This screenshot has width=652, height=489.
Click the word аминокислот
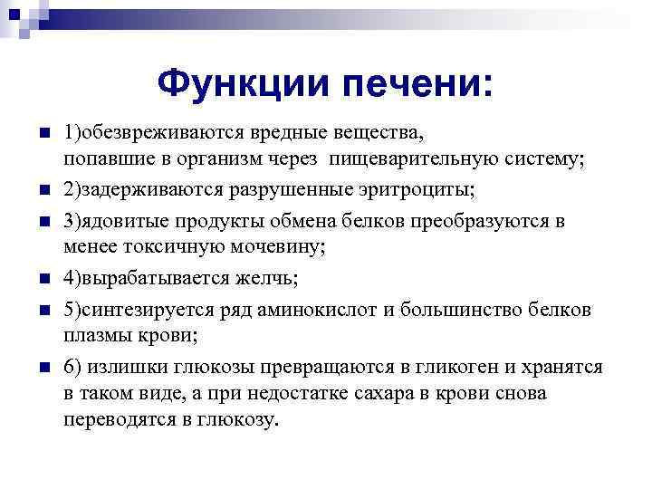point(315,308)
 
